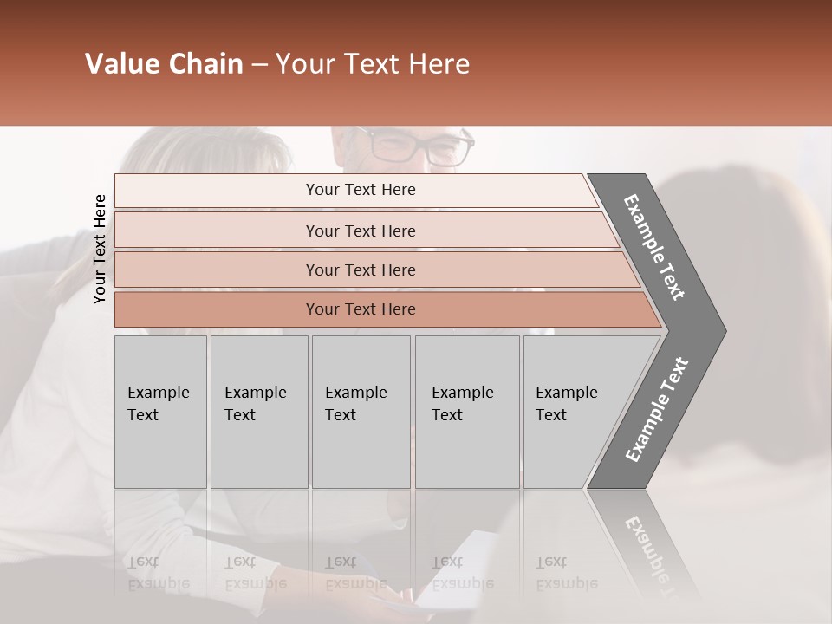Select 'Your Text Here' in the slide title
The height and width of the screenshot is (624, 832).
click(373, 64)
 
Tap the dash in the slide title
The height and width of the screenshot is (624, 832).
click(259, 65)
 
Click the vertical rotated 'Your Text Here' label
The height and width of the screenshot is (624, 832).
click(100, 249)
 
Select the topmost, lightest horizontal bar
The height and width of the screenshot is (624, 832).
click(361, 190)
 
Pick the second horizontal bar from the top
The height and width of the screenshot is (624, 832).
click(361, 231)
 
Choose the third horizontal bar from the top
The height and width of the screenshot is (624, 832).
click(361, 270)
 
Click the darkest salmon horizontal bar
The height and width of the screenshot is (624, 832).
click(361, 309)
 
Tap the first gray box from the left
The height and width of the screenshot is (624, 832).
click(160, 412)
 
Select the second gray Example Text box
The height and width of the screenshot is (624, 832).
click(259, 412)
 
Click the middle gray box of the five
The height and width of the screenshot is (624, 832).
click(361, 412)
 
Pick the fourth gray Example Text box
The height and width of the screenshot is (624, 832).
click(467, 412)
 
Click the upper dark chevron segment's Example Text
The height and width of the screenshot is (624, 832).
click(654, 247)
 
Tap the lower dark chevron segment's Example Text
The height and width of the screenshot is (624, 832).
click(657, 409)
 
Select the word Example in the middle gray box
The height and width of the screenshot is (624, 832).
click(355, 393)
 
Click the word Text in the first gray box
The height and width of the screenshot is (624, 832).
click(143, 415)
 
